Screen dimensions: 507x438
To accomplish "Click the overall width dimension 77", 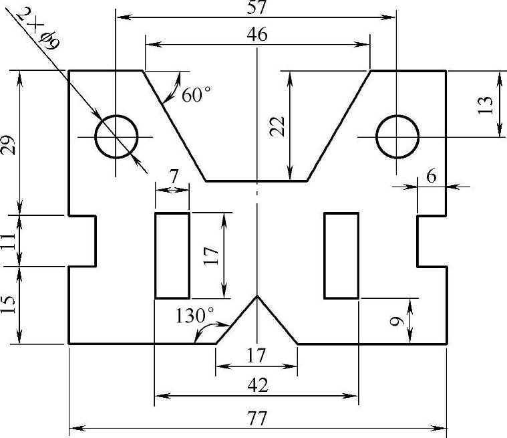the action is coord(257,418).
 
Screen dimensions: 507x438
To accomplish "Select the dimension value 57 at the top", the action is coord(257,7).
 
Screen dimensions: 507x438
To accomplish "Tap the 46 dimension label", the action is coord(257,34).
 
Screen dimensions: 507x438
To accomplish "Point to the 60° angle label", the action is coord(196,94).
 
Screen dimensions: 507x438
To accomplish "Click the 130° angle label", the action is coord(194,316).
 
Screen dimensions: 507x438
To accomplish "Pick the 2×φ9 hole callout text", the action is coord(39,29).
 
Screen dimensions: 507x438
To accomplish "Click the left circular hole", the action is coord(116,116).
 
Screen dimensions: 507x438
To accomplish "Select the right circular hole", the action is coord(397,116).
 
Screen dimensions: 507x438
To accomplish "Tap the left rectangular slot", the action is coord(155,255).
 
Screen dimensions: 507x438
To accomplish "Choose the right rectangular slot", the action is coord(325,255).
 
